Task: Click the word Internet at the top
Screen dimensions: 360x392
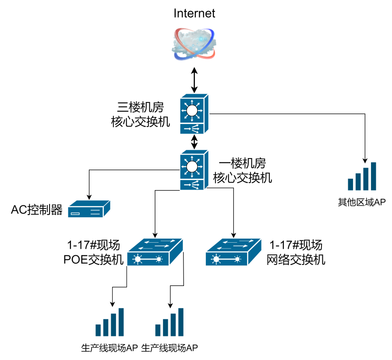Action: click(194, 13)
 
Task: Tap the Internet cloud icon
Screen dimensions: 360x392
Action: click(194, 44)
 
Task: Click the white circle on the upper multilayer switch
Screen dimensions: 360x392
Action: click(192, 111)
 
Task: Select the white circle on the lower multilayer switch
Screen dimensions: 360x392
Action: click(192, 167)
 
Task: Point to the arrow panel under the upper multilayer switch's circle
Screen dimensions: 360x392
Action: click(192, 129)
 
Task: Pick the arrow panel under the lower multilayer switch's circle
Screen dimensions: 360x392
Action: click(192, 185)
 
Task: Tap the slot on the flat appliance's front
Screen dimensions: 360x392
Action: click(76, 214)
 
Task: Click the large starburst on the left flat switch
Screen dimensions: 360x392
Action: click(138, 259)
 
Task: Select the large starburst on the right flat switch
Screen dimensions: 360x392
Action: click(215, 259)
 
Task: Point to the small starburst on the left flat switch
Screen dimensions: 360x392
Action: click(159, 259)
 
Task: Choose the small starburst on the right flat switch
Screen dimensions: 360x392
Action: click(237, 259)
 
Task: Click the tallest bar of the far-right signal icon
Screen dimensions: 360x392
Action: click(374, 176)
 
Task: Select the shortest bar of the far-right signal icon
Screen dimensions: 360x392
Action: click(350, 184)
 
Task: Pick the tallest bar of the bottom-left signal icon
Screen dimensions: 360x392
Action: click(121, 322)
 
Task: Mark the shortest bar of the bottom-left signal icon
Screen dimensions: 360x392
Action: click(98, 330)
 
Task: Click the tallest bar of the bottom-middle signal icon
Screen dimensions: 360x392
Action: click(181, 322)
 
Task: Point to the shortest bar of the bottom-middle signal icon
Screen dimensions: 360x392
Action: click(158, 330)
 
